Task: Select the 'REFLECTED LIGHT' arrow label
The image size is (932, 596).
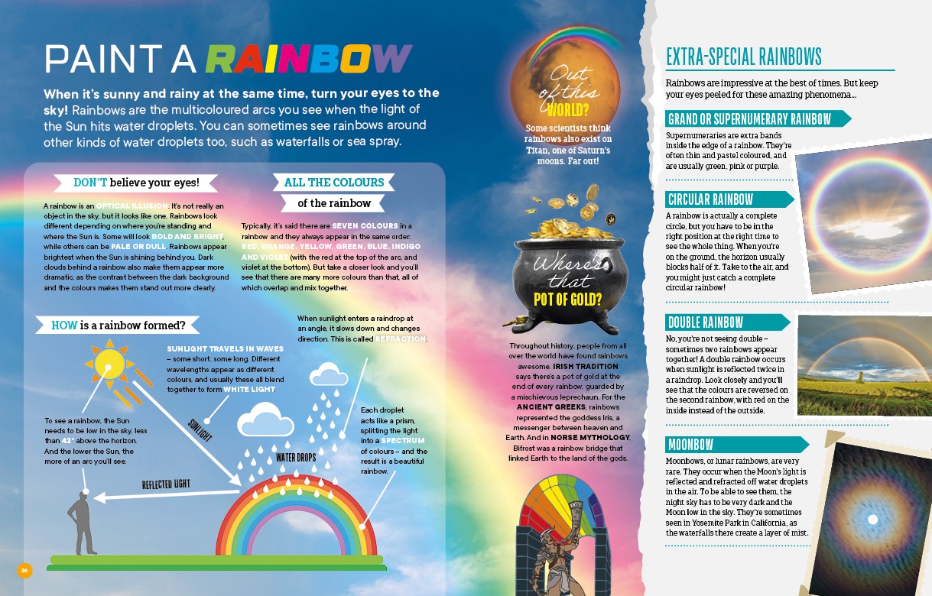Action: (166, 484)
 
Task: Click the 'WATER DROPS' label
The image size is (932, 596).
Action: (296, 458)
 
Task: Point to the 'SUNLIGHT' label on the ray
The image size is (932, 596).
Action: (200, 429)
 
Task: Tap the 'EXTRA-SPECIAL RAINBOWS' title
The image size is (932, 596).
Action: (744, 57)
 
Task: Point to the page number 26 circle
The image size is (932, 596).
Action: (24, 570)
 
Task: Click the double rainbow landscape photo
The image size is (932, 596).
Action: (859, 365)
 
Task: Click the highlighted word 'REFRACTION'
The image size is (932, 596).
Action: (401, 338)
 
